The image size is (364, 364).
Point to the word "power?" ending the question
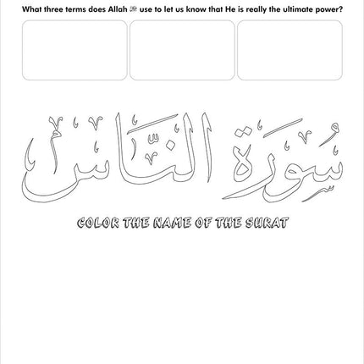(x=329, y=8)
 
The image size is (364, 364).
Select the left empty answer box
(x=74, y=50)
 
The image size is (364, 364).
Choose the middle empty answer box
(x=182, y=50)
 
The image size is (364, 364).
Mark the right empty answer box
(x=290, y=50)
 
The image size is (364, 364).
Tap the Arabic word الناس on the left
(x=127, y=157)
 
